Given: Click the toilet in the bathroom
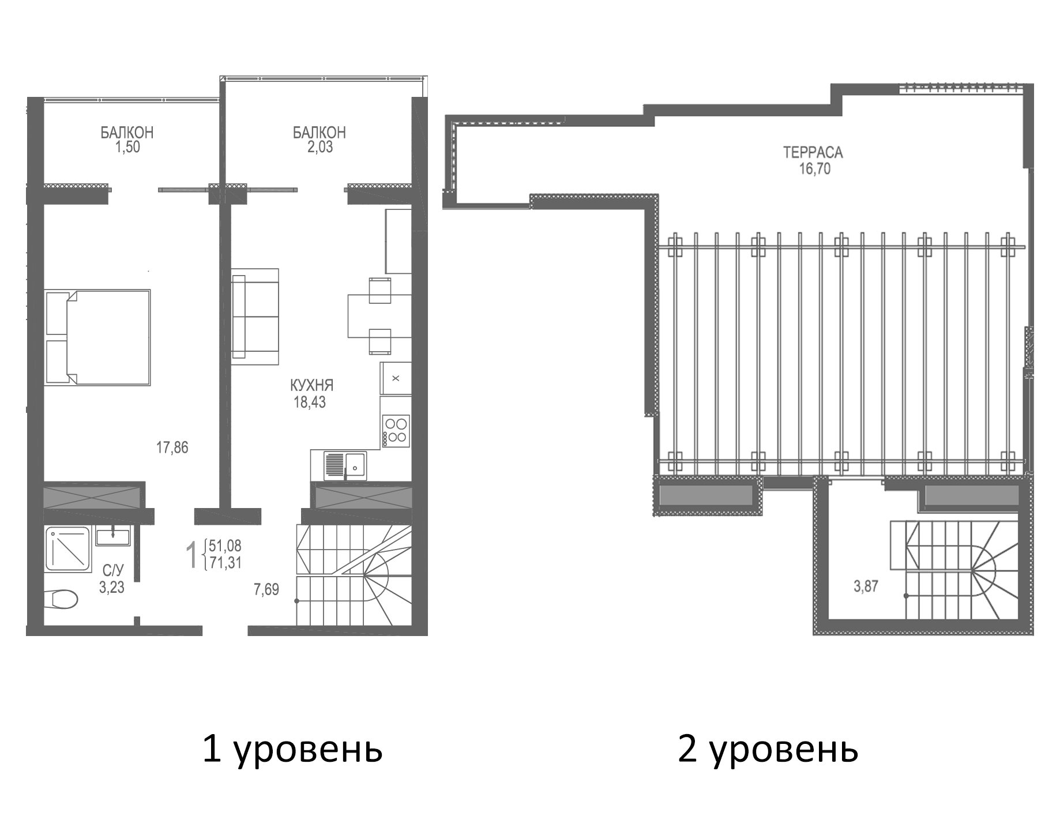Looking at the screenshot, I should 62,598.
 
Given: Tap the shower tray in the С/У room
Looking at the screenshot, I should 67,549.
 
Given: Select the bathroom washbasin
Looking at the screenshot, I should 113,536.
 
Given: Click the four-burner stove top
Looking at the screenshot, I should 396,431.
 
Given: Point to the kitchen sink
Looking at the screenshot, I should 345,465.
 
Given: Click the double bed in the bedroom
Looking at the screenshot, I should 98,337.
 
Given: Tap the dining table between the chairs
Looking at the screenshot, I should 369,315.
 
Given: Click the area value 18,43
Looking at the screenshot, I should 310,403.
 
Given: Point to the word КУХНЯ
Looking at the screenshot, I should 311,385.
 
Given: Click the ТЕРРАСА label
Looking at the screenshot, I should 813,153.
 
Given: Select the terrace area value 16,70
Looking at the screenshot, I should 814,169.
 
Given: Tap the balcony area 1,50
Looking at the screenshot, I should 127,147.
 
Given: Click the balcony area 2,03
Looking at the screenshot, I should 319,147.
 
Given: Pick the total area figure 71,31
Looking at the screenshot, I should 225,563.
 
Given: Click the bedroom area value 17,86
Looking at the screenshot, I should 172,447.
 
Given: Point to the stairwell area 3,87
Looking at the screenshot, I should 866,587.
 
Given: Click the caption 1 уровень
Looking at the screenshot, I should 292,750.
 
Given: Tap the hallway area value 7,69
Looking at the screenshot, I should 266,589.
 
